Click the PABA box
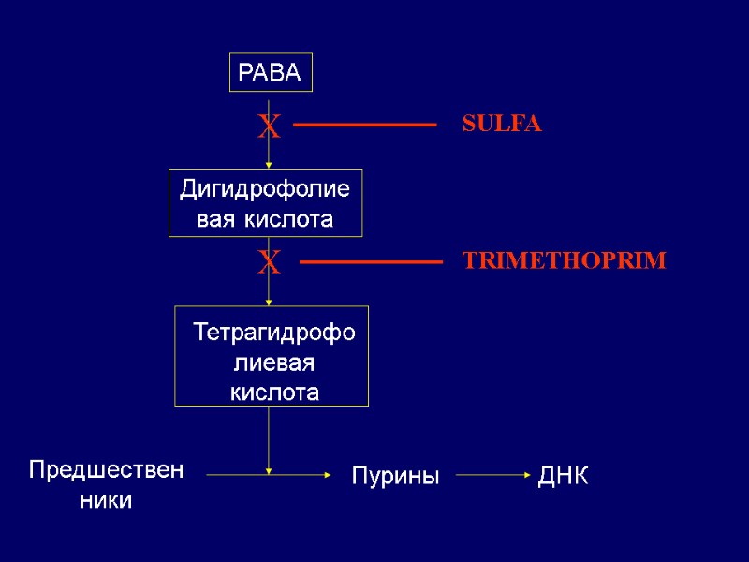271,73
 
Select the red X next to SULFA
269,126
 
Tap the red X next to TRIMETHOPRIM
269,263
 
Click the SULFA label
502,125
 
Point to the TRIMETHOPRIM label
565,262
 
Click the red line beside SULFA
365,125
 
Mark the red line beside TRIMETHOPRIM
371,263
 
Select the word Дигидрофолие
265,190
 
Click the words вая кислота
265,220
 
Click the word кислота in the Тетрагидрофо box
273,392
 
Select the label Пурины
395,476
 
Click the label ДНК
563,476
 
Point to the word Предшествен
106,468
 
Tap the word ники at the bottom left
106,500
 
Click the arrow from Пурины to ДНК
492,475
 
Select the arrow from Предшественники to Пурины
268,475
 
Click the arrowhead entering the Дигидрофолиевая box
269,165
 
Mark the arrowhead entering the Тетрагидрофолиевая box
269,302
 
